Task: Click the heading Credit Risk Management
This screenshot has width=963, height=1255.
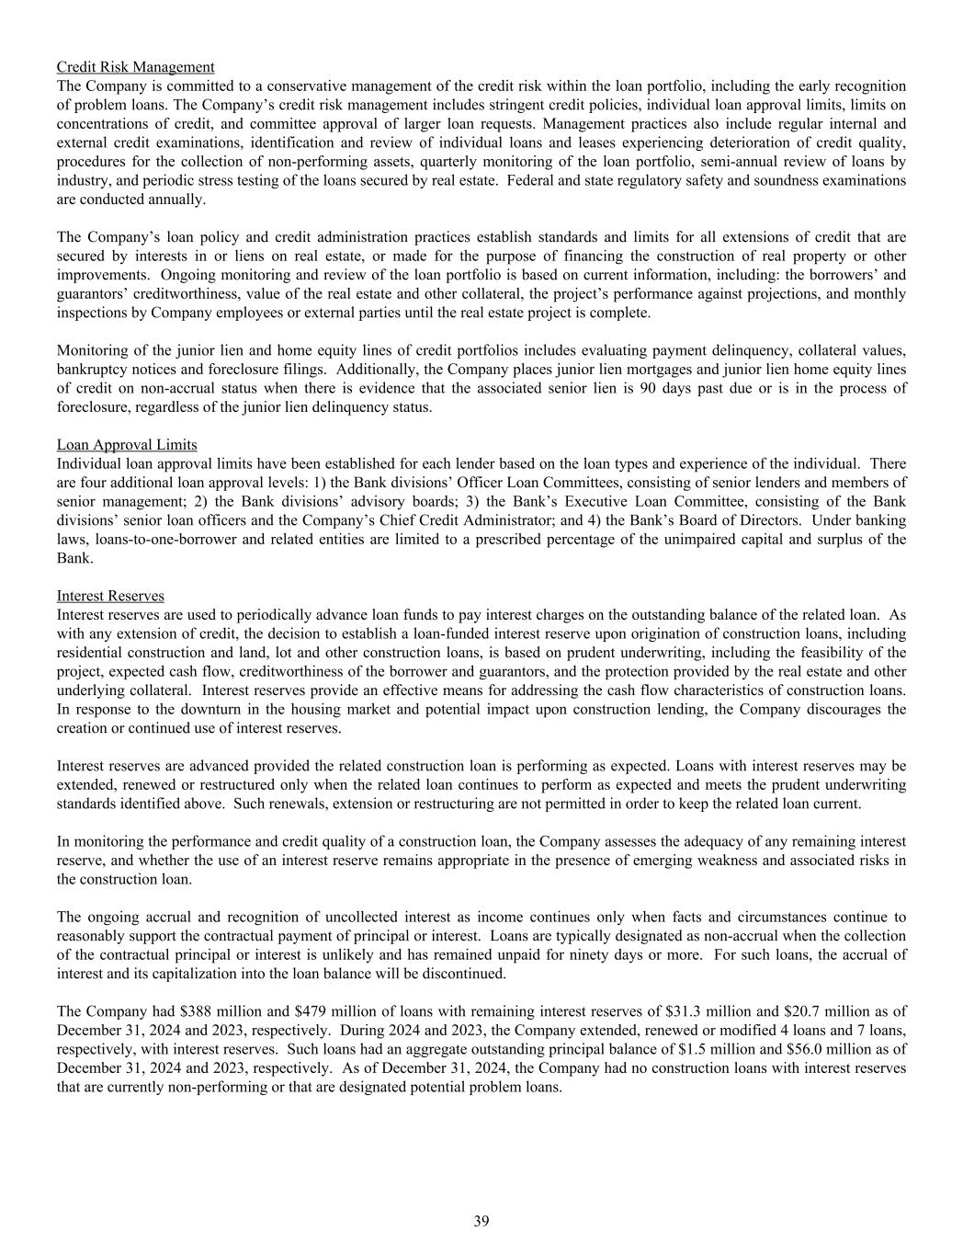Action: click(x=135, y=67)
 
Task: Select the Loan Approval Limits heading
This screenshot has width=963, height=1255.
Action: click(x=127, y=445)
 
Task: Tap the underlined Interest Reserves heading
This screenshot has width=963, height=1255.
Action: click(x=110, y=596)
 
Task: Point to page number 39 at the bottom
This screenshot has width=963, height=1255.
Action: click(x=481, y=1221)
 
